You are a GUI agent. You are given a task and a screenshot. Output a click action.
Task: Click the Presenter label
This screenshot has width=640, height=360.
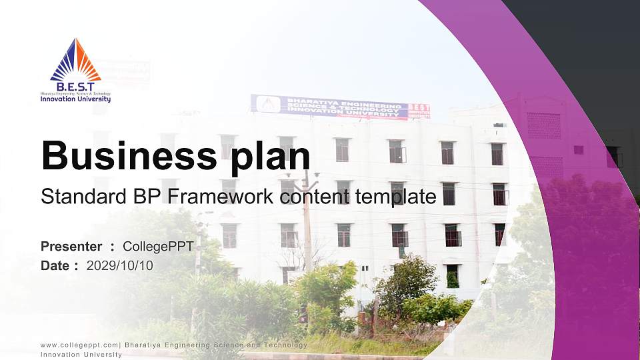click(x=71, y=247)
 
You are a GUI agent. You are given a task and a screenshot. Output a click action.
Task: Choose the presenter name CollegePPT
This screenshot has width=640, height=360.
click(x=158, y=247)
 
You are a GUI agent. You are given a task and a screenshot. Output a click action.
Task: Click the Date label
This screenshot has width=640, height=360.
click(x=55, y=265)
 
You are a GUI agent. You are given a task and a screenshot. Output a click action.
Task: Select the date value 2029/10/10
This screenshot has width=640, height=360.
click(x=120, y=265)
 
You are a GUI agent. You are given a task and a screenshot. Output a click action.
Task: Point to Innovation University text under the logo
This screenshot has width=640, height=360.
click(x=75, y=99)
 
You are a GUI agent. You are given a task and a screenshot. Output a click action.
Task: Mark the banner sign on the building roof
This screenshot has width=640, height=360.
click(x=329, y=107)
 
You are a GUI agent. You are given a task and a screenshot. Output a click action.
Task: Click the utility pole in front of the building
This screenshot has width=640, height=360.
click(x=307, y=220)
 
